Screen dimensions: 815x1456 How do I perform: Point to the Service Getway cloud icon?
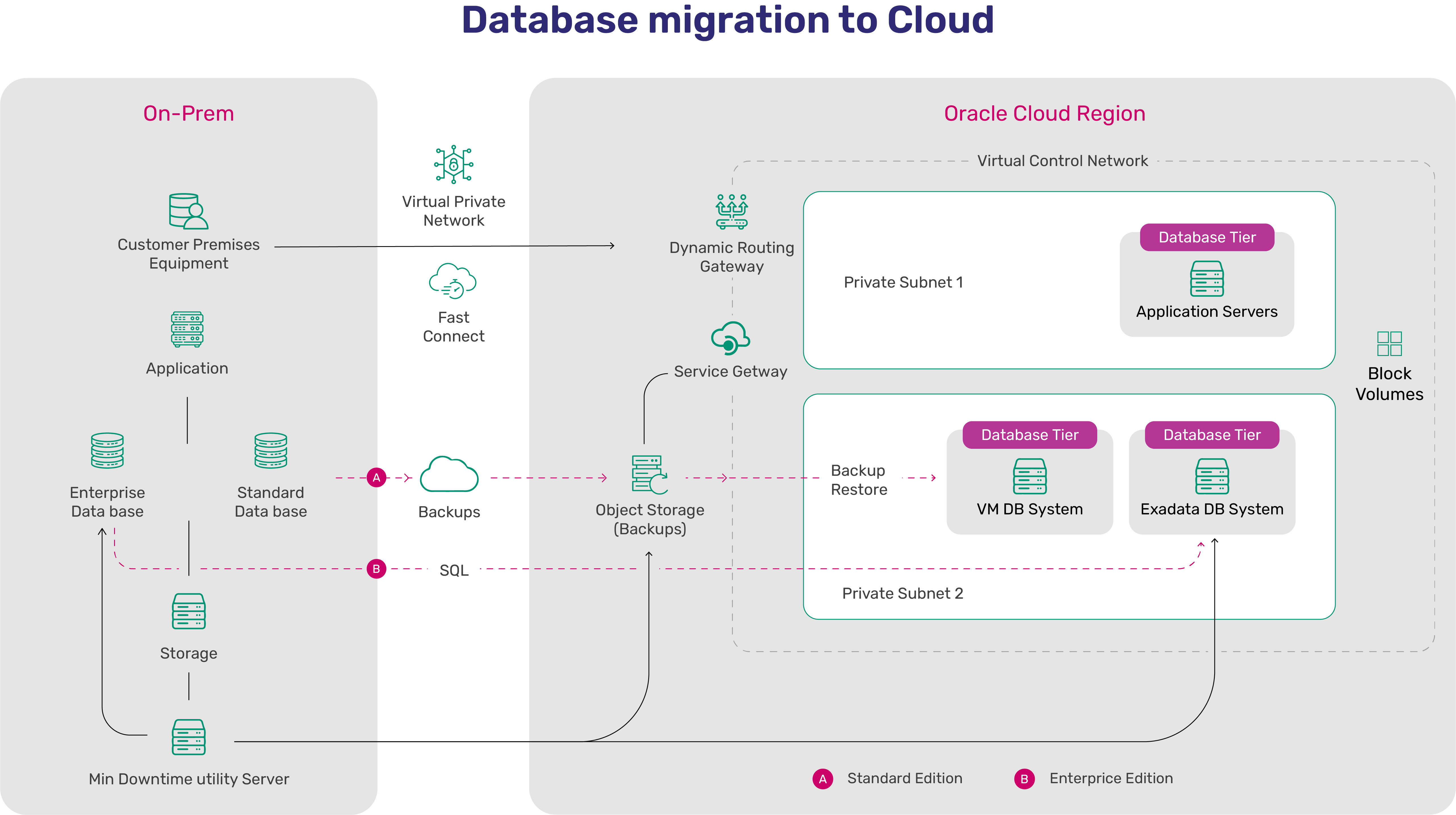tap(730, 338)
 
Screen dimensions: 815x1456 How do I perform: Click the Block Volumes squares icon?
tap(1389, 344)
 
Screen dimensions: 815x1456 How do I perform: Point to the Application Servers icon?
tap(1207, 279)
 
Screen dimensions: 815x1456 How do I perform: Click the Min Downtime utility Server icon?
tap(189, 737)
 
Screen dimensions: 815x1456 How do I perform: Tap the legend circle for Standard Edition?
tap(823, 779)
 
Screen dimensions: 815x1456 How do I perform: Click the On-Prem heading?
tap(188, 114)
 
